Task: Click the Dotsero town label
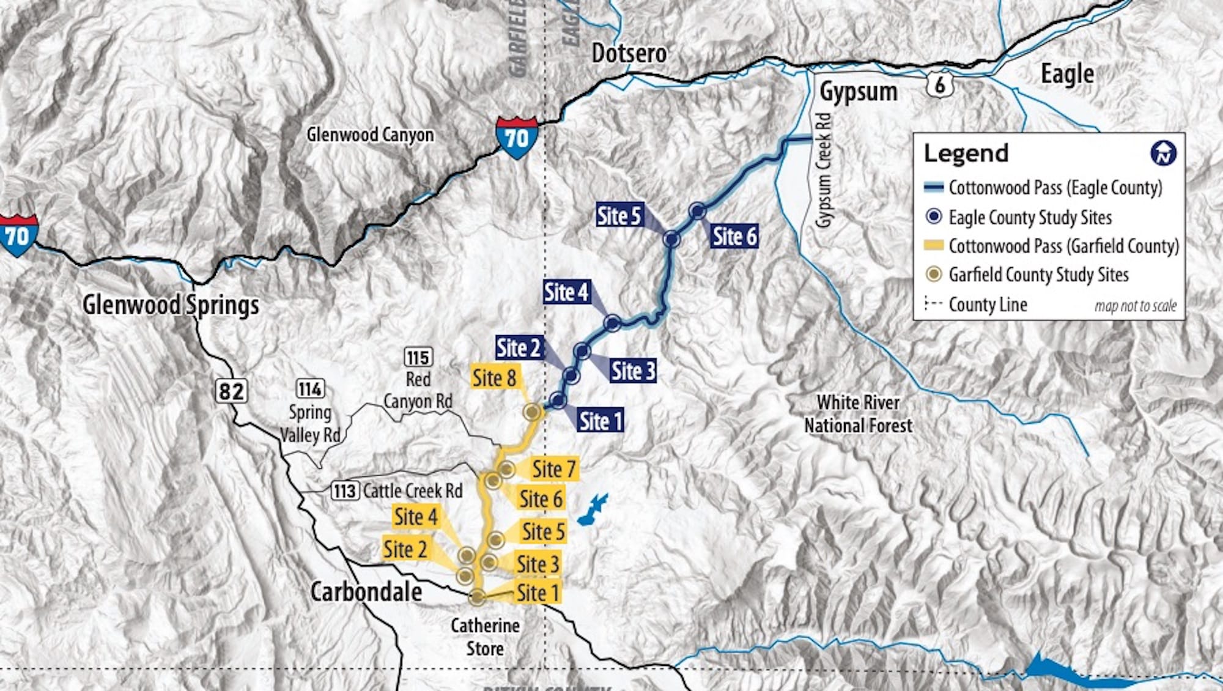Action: pyautogui.click(x=629, y=54)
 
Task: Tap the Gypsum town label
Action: pyautogui.click(x=859, y=92)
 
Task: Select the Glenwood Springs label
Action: pyautogui.click(x=171, y=305)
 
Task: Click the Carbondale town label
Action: pyautogui.click(x=366, y=592)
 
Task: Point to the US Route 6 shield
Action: pyautogui.click(x=939, y=85)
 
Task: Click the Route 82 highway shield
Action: pyautogui.click(x=231, y=391)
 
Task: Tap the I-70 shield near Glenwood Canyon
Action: pyautogui.click(x=517, y=138)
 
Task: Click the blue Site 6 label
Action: pyautogui.click(x=734, y=236)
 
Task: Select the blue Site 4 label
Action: pyautogui.click(x=566, y=292)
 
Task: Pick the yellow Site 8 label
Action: pyautogui.click(x=494, y=378)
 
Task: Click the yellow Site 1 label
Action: pyautogui.click(x=538, y=593)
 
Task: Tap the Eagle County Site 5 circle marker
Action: pyautogui.click(x=671, y=239)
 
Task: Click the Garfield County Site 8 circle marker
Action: pyautogui.click(x=533, y=412)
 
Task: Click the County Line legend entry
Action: pyautogui.click(x=987, y=305)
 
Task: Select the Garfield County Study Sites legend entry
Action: pyautogui.click(x=1038, y=275)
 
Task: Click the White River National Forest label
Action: pyautogui.click(x=858, y=414)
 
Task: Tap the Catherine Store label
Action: pyautogui.click(x=485, y=637)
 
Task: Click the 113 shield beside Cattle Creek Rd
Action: pyautogui.click(x=345, y=491)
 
